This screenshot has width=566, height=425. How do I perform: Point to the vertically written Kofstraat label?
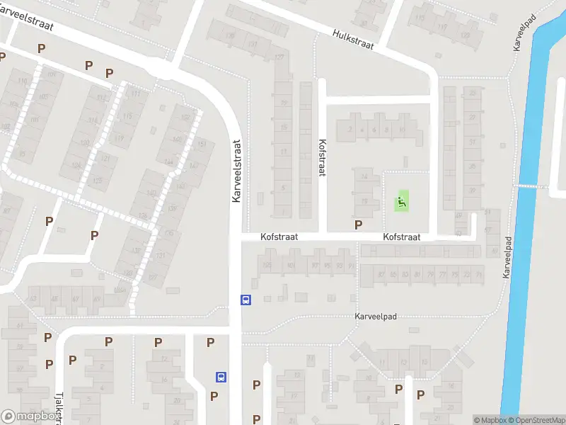tap(322, 157)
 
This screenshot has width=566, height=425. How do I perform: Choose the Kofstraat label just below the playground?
tap(402, 237)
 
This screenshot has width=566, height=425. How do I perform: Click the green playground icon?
tap(402, 203)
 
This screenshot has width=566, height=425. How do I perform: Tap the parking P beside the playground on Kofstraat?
tap(359, 225)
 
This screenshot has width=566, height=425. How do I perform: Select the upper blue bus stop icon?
tap(246, 300)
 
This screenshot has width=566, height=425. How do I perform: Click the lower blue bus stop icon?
tap(221, 377)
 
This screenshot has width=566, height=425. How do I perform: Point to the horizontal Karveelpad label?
tap(376, 317)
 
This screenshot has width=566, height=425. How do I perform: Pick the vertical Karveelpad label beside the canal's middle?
tap(507, 256)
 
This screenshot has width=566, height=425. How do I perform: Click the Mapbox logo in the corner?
tap(29, 416)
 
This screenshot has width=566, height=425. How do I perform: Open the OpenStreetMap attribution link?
tap(536, 420)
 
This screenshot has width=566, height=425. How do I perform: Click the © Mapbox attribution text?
tap(488, 420)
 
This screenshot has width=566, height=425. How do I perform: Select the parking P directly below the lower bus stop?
tap(214, 396)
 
